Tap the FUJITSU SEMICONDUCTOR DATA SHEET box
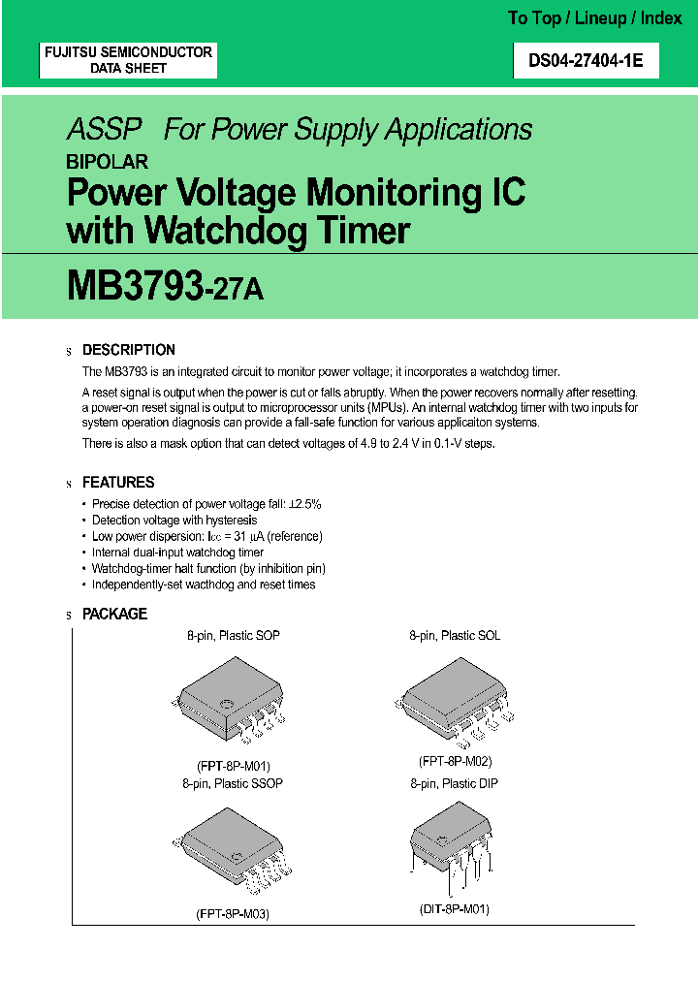tap(128, 60)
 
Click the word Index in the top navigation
tap(662, 18)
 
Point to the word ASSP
tap(104, 130)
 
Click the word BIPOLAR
tap(107, 162)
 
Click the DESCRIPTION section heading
tap(129, 350)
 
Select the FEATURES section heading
tap(118, 482)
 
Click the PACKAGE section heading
tap(114, 614)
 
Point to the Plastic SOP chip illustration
tap(230, 703)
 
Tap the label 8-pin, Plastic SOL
tap(455, 636)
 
